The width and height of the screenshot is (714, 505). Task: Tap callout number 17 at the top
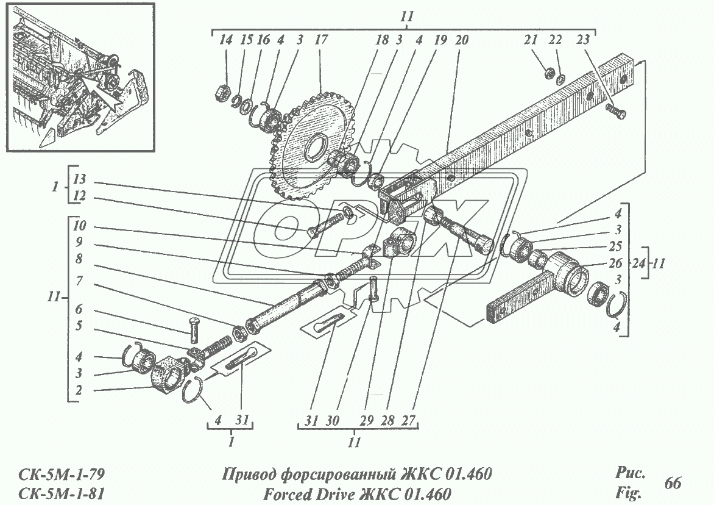[320, 40]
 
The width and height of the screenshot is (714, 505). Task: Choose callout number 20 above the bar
[461, 40]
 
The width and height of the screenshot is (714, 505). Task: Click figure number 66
[673, 483]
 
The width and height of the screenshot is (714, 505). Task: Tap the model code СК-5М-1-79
[58, 474]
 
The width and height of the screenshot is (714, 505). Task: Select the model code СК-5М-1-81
[58, 492]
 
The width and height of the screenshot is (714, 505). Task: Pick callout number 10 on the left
[79, 226]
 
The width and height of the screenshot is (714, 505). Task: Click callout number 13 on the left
[79, 179]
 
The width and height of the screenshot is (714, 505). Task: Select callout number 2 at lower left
[79, 389]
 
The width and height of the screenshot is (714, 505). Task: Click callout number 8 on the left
[79, 258]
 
